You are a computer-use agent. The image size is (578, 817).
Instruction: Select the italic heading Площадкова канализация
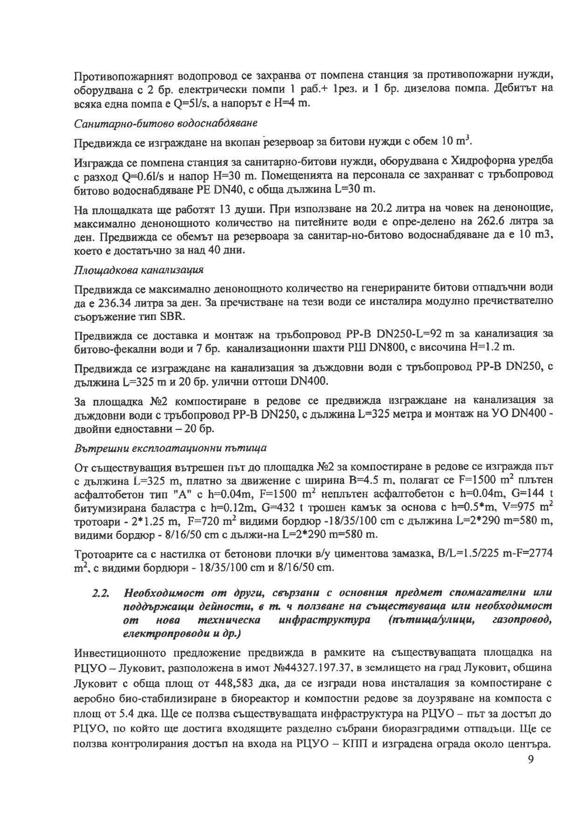138,270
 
